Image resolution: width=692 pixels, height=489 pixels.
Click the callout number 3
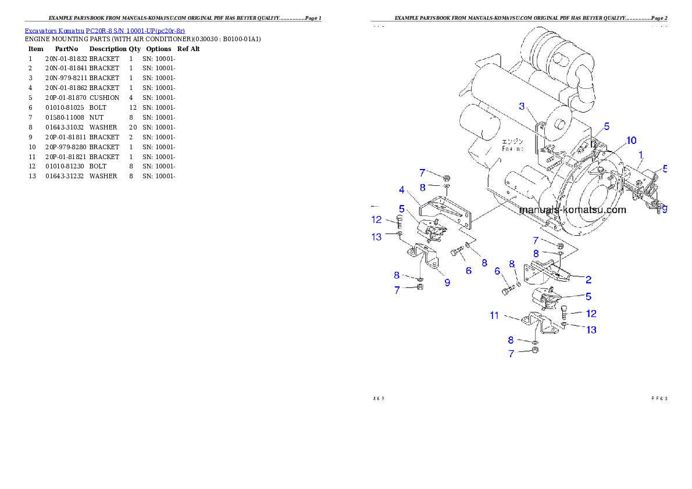[x=522, y=106]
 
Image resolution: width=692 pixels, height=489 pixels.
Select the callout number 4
[x=401, y=189]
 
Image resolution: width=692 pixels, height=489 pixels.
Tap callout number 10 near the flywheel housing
[x=631, y=141]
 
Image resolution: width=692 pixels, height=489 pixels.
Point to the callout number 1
[x=640, y=155]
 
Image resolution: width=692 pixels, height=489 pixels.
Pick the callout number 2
[x=588, y=279]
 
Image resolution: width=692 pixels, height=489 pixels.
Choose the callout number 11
[x=494, y=315]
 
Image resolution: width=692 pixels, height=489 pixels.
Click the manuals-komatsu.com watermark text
[x=573, y=210]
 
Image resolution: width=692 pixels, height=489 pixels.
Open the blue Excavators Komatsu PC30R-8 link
[x=105, y=31]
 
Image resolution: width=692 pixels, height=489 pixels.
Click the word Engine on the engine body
[x=513, y=148]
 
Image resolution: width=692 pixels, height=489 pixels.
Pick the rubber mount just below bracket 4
[x=434, y=232]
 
